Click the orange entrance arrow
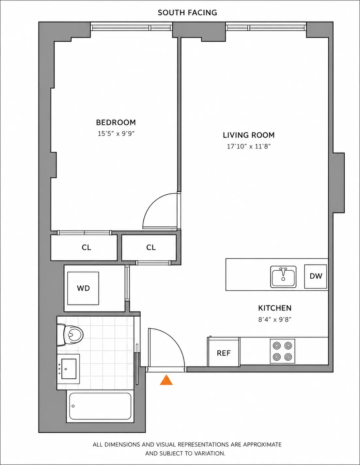(166, 380)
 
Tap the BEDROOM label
(116, 122)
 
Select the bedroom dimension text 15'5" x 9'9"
(116, 134)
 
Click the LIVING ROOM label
(249, 135)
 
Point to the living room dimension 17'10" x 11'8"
(249, 147)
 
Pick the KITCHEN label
(275, 308)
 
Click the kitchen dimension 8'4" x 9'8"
(275, 320)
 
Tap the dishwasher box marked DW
(316, 276)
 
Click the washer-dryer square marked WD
(83, 288)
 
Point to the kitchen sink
(283, 277)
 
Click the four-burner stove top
(282, 351)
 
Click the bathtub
(100, 406)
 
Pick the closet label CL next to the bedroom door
(151, 247)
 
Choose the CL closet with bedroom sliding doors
(86, 247)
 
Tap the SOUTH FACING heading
(187, 13)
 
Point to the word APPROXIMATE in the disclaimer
(262, 445)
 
